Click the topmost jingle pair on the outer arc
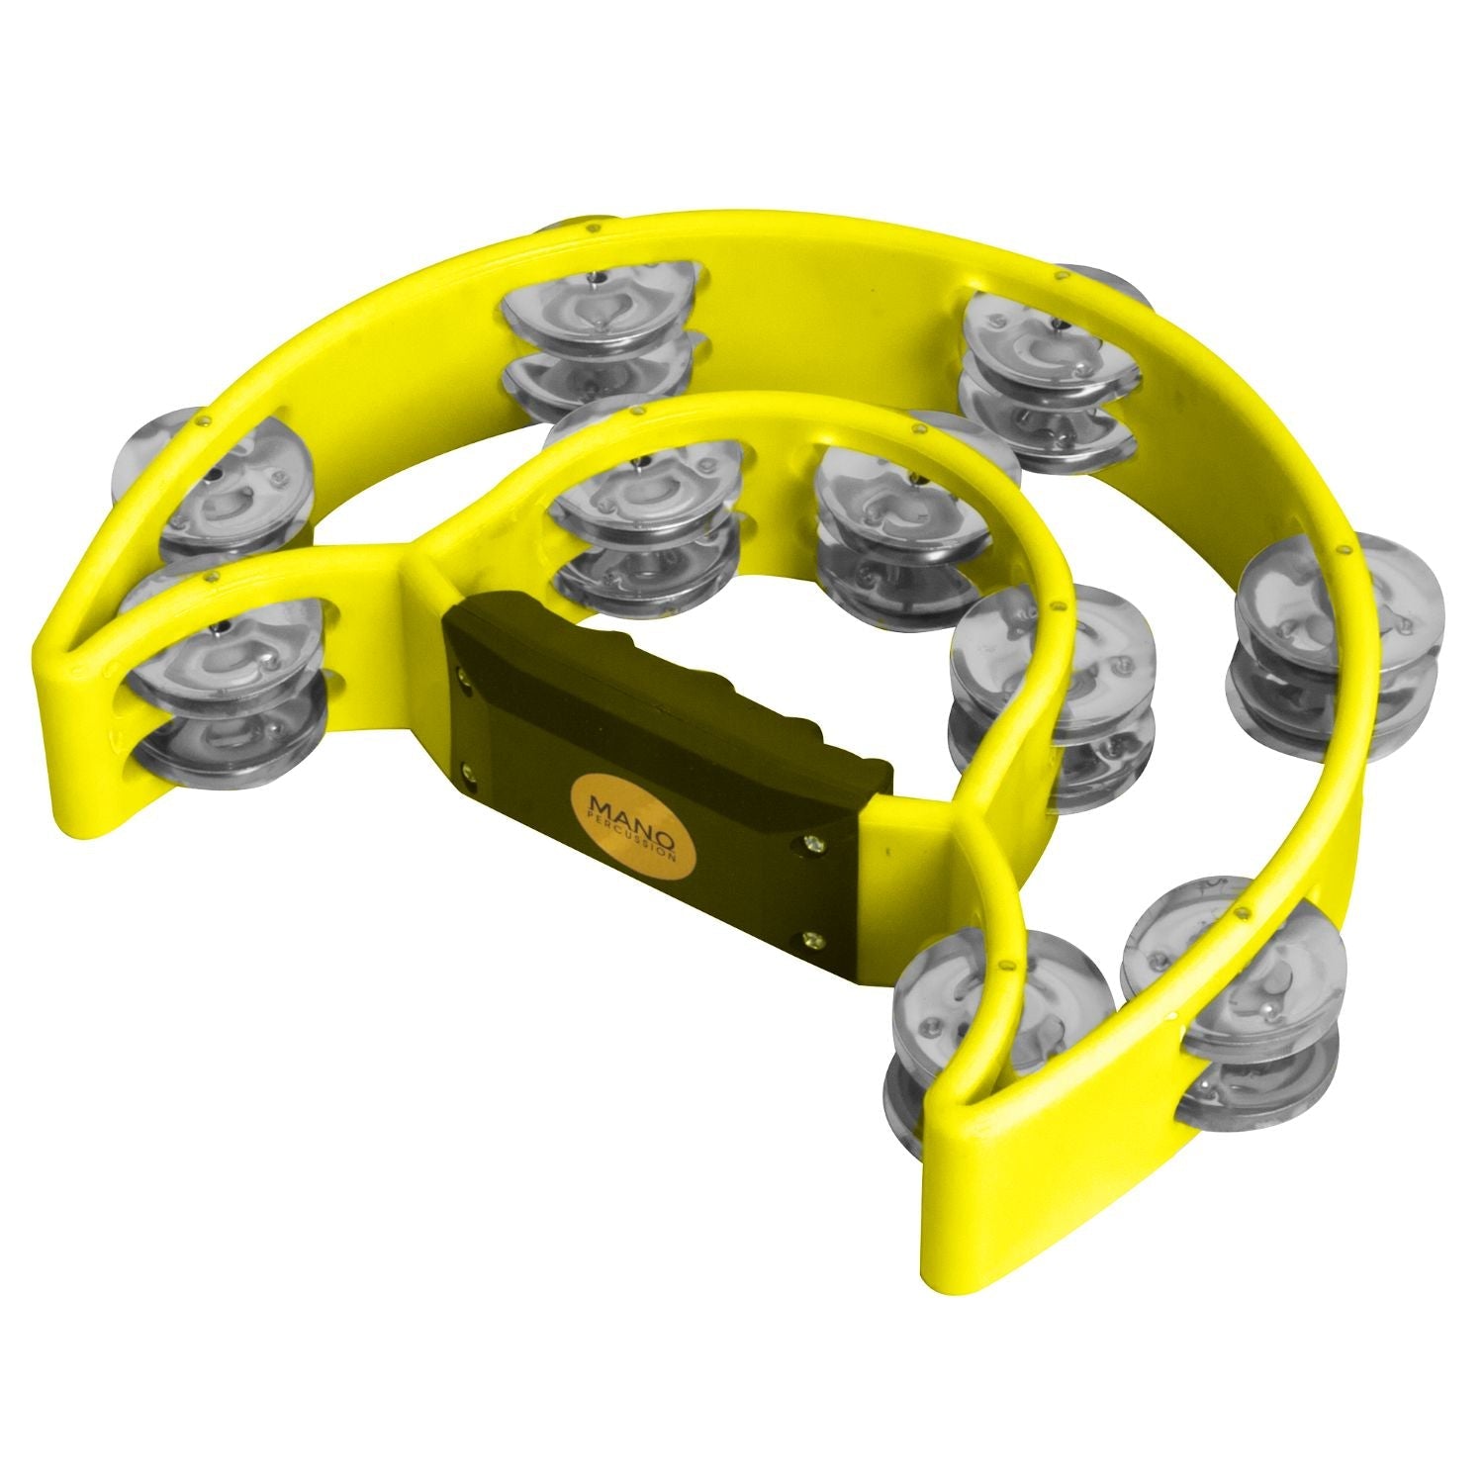point(600,336)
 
